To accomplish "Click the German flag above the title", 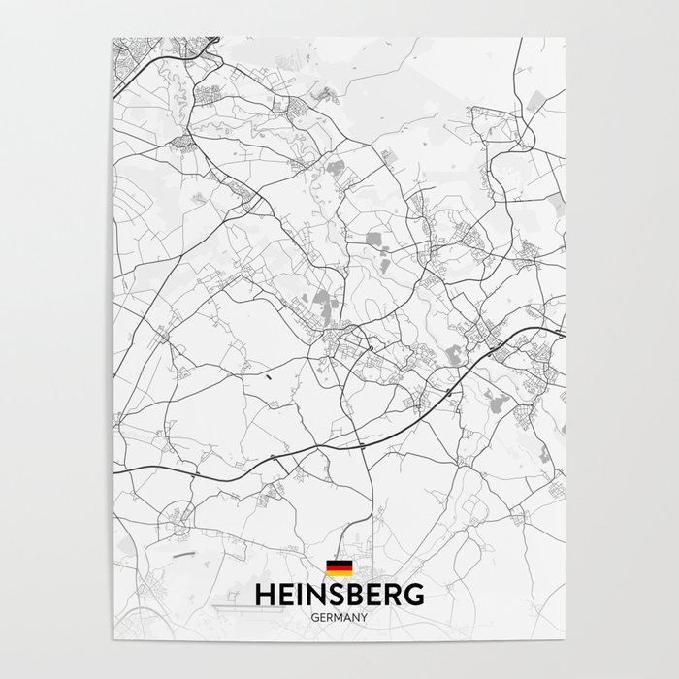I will [x=339, y=568].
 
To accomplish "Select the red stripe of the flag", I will [x=339, y=568].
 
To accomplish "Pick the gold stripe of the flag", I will [x=339, y=573].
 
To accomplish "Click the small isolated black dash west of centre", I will [x=265, y=372].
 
